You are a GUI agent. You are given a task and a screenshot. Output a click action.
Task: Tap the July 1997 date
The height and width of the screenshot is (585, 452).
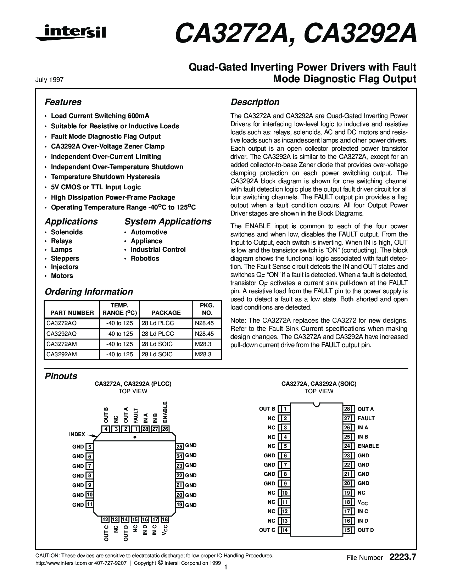[49, 80]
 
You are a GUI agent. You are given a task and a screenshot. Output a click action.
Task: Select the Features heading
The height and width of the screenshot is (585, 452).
[63, 102]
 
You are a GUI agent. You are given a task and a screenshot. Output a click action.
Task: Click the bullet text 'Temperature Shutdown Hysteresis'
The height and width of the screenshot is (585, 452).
[105, 177]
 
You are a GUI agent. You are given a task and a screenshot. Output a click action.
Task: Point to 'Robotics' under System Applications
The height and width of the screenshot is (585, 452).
[145, 258]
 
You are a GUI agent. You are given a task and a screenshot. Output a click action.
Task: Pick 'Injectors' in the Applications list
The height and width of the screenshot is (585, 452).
[65, 267]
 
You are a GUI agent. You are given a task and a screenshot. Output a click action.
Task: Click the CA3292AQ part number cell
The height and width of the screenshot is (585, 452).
[61, 334]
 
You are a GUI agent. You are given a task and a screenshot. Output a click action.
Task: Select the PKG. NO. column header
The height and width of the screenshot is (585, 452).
[207, 309]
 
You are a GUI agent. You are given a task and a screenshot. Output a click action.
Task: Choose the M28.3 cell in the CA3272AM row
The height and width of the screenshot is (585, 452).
[203, 344]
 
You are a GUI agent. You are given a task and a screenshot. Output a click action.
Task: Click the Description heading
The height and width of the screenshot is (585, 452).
[255, 102]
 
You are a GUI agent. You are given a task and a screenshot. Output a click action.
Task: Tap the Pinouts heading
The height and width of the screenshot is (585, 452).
[61, 376]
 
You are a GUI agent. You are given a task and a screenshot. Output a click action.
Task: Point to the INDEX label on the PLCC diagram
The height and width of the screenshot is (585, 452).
[77, 434]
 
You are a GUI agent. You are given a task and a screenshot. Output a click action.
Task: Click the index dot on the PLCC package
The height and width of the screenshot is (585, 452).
[135, 437]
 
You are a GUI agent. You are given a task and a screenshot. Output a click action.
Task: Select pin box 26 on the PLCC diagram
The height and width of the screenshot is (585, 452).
[165, 429]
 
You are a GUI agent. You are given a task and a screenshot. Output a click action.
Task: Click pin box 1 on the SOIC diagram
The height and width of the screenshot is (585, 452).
[285, 409]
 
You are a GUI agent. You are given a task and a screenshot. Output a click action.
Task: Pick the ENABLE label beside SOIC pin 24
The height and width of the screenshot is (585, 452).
[368, 446]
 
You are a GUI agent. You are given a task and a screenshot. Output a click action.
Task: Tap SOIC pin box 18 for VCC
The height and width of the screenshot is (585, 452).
[347, 502]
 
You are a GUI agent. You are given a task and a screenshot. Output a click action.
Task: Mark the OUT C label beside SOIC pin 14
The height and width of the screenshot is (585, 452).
[267, 530]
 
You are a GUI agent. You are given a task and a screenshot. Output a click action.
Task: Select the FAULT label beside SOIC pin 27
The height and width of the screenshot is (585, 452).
[366, 418]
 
